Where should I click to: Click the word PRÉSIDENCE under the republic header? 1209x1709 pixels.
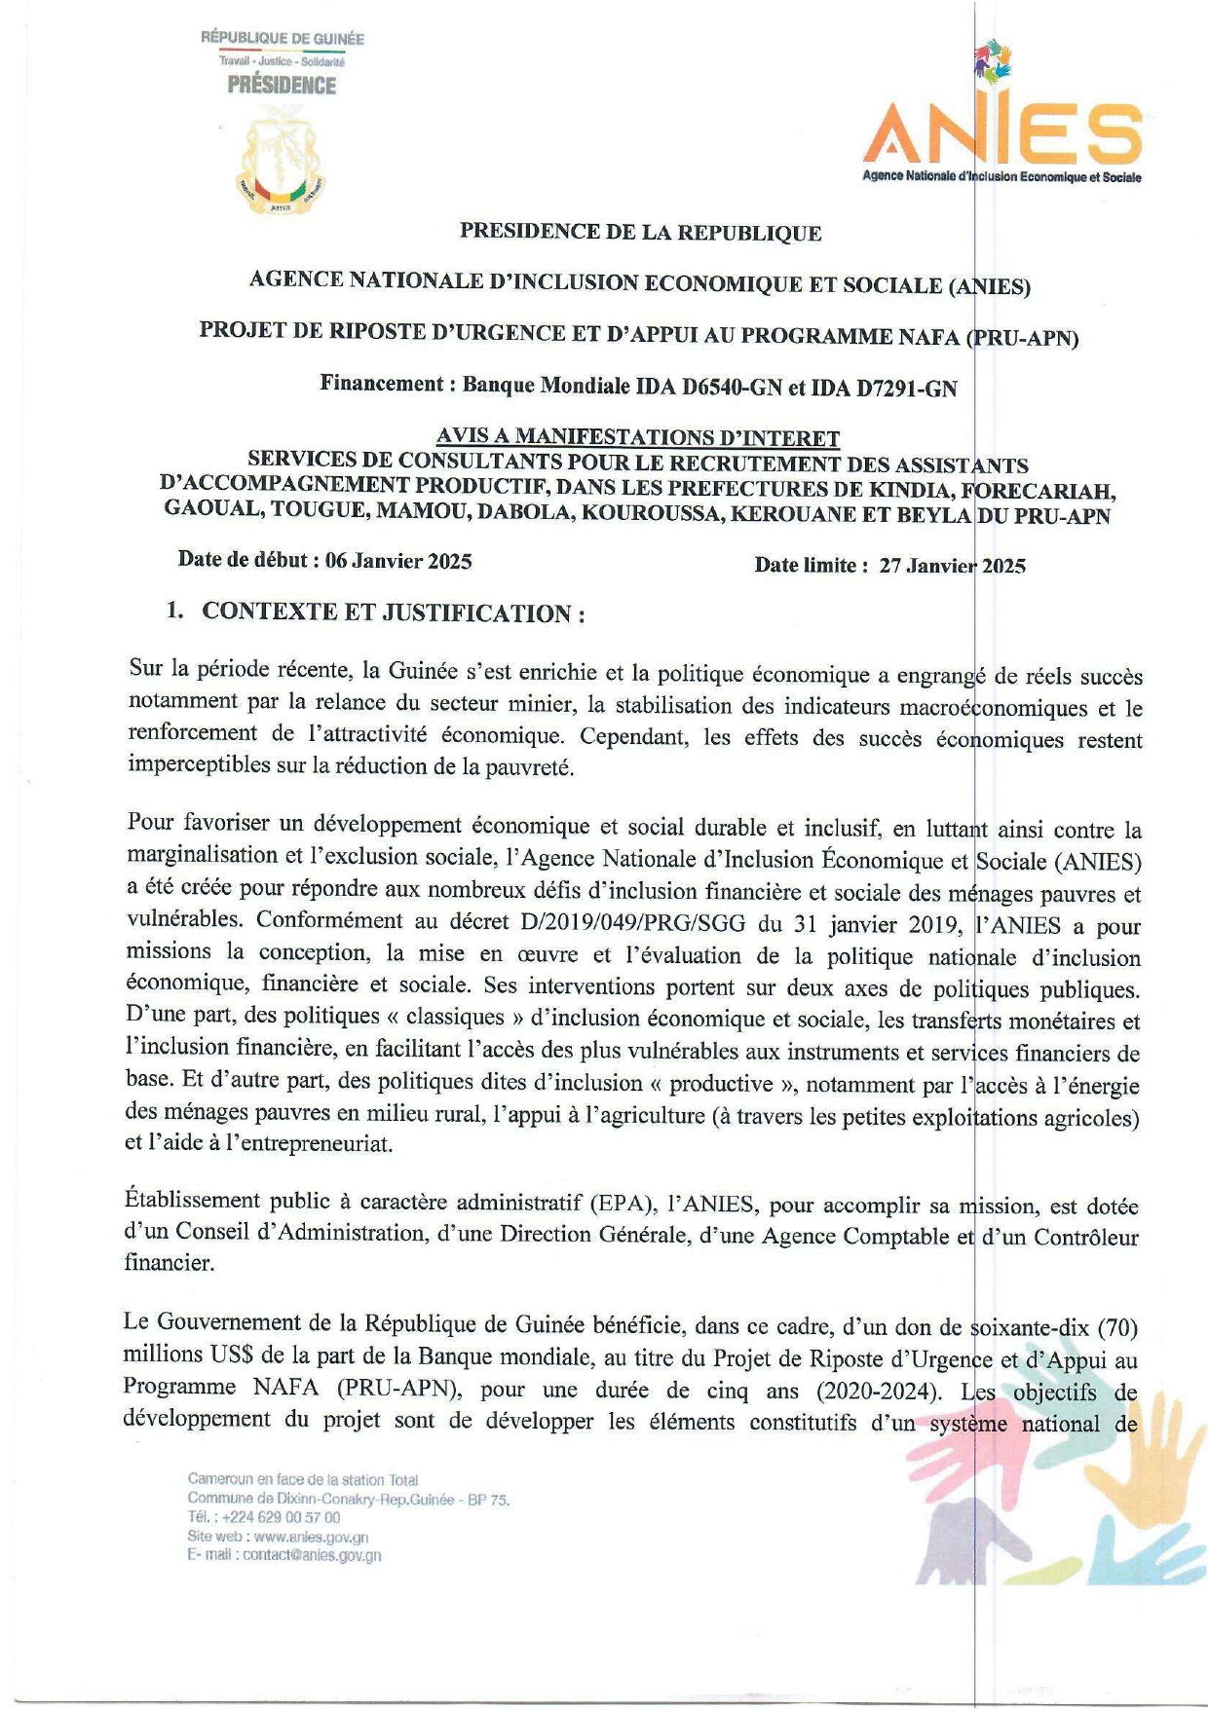[282, 86]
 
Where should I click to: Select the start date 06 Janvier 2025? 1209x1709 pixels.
[398, 561]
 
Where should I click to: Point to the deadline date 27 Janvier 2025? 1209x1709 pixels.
[952, 566]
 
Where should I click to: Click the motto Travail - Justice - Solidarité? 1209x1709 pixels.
[282, 61]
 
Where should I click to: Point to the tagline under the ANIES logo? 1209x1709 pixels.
[1001, 177]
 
